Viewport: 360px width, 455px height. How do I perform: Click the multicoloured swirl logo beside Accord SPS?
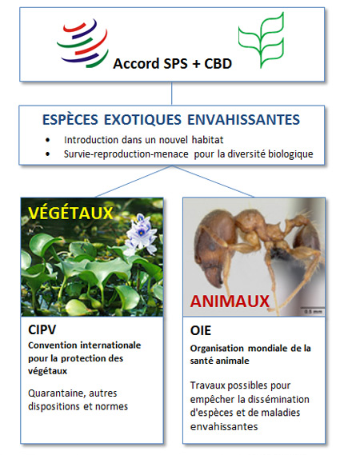(x=82, y=43)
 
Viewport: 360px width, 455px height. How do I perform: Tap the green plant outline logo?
(x=261, y=40)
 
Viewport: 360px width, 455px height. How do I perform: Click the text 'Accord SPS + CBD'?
(x=173, y=64)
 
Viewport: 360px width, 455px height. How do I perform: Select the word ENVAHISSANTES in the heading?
(x=243, y=120)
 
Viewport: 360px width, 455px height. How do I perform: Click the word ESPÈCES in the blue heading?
(x=70, y=119)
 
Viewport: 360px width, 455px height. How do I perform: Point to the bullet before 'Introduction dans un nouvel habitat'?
(x=48, y=140)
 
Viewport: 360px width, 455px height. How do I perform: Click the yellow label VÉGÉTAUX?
(x=70, y=214)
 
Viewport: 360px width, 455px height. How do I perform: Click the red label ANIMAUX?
(x=230, y=301)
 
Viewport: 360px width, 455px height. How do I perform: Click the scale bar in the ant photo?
(x=312, y=307)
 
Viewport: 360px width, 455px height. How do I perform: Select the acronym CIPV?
(x=42, y=330)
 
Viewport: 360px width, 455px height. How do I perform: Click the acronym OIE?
(x=201, y=331)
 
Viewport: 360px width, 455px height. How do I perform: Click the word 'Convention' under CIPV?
(x=53, y=345)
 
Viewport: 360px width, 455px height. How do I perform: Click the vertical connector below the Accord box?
(x=171, y=94)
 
